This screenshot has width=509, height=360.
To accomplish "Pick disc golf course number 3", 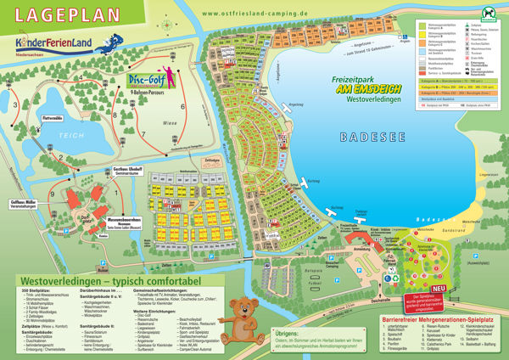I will [14, 105].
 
